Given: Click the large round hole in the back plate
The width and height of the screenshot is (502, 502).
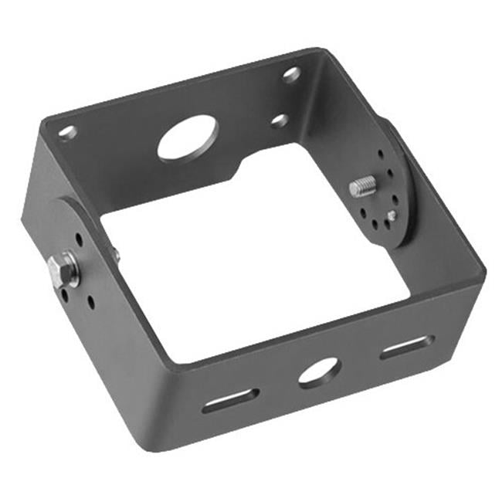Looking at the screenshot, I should coord(188,137).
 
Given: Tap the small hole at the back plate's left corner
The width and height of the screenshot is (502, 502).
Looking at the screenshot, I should coord(68,132).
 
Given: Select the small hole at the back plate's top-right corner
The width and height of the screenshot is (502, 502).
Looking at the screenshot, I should coord(291,74).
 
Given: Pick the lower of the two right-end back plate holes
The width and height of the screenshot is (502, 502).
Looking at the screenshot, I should coord(280,120).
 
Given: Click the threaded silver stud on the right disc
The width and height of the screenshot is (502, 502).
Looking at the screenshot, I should coord(362,186).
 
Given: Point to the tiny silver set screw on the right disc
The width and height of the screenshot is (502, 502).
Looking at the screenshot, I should coord(393,215).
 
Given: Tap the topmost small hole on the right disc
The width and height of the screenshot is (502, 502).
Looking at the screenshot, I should coord(380,154).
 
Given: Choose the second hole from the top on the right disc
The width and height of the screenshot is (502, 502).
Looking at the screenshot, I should coord(383,171).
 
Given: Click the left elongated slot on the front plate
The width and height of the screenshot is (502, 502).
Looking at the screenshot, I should coord(230,400).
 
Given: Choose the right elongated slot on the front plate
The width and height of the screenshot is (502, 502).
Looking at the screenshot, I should coord(406,348).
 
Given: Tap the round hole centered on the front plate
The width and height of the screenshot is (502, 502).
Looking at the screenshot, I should coord(318,372).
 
